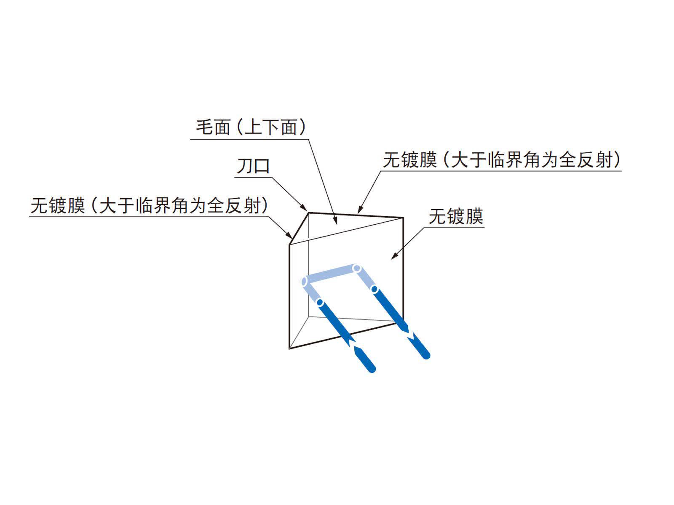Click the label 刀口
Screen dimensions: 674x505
[253, 167]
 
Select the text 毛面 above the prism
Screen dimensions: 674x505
[213, 127]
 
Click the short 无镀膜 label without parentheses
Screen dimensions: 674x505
[456, 216]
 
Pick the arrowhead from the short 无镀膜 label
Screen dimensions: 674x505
[394, 256]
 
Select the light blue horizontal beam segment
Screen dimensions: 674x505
[330, 274]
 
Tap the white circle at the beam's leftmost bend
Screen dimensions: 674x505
[304, 281]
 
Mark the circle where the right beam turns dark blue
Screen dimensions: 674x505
[374, 289]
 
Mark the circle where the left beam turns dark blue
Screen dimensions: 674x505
[320, 302]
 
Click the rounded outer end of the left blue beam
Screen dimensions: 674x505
[372, 368]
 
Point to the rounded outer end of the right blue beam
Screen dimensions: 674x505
[426, 355]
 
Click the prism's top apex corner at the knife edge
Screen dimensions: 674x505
[308, 213]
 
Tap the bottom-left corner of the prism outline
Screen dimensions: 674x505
[289, 348]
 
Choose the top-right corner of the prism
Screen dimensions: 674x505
[403, 218]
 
